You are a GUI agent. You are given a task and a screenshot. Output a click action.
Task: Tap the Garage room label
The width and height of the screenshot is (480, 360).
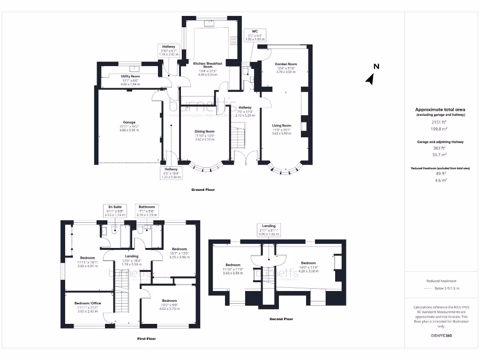pos(129,122)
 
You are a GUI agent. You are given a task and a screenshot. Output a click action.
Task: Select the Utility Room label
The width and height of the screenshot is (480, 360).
pos(130,76)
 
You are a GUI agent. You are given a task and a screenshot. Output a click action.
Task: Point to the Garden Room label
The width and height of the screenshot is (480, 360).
pos(285,64)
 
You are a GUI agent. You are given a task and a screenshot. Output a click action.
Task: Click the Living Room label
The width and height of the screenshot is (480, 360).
pos(282,126)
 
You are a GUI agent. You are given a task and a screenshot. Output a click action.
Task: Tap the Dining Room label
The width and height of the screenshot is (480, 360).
pos(204,131)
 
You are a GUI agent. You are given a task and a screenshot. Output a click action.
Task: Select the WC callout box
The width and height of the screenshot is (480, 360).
pos(255,35)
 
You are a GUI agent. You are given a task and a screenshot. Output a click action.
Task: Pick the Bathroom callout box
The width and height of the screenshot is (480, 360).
pos(146,210)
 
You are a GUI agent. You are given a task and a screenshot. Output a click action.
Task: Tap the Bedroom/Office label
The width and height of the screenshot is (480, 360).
pos(88,303)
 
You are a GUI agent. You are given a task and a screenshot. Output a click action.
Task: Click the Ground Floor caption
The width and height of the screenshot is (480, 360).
pos(203,190)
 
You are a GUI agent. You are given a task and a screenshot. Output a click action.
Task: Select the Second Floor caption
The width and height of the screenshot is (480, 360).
pos(281,319)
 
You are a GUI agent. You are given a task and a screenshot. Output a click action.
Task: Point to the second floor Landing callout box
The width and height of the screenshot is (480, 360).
pos(269,229)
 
